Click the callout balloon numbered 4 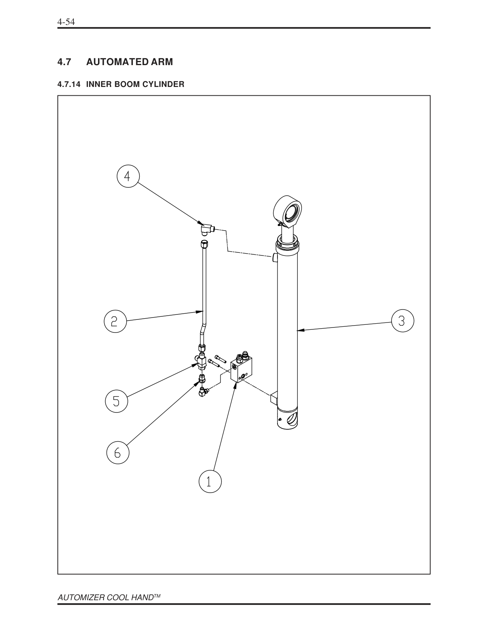point(127,177)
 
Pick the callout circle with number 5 point(116,401)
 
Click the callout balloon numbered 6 point(118,453)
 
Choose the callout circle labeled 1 point(210,481)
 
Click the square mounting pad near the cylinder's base point(274,399)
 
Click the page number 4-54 point(65,22)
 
